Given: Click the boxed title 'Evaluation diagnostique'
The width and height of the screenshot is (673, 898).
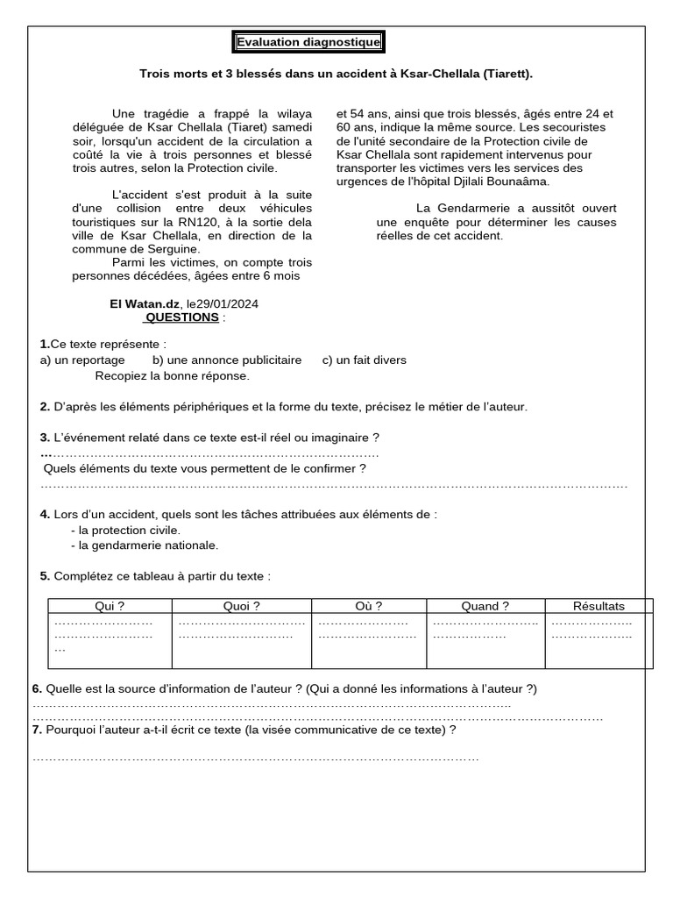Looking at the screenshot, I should pyautogui.click(x=307, y=42).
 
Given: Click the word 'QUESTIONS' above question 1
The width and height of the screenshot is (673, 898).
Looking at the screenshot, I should pyautogui.click(x=181, y=317).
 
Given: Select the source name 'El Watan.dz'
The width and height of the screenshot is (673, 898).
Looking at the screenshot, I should pyautogui.click(x=141, y=304).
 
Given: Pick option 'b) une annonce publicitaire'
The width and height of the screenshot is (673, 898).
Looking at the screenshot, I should pyautogui.click(x=227, y=360).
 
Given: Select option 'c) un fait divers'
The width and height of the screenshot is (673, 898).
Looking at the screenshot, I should pyautogui.click(x=365, y=360).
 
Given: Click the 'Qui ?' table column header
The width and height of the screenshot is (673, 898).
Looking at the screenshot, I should pyautogui.click(x=110, y=606).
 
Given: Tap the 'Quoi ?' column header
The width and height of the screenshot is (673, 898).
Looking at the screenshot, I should pyautogui.click(x=242, y=606).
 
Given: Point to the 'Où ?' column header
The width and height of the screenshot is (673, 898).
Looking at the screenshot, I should pyautogui.click(x=369, y=606).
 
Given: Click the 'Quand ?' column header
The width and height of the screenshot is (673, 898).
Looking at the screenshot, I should pyautogui.click(x=485, y=606).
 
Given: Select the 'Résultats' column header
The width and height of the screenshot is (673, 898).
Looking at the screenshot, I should pyautogui.click(x=599, y=606).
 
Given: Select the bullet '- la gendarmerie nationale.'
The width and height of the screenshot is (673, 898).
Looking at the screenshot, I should pyautogui.click(x=145, y=545).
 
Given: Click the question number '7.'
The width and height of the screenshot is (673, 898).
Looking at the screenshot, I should pyautogui.click(x=37, y=730).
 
